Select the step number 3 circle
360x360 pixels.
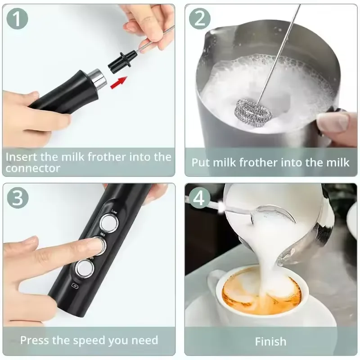[x=18, y=198]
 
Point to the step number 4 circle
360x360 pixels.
[x=200, y=198]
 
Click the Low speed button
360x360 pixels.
[x=109, y=223]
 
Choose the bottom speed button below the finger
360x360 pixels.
[x=84, y=269]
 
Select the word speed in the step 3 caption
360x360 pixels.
[x=94, y=340]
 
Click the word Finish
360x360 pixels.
[x=270, y=341]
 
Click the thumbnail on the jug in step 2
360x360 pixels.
[x=332, y=122]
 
